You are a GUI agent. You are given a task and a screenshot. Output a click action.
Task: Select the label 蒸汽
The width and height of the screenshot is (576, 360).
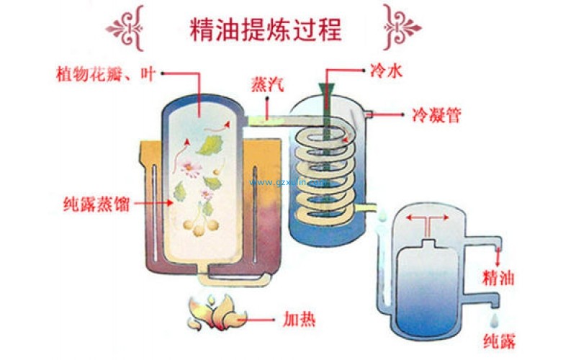pos(266,84)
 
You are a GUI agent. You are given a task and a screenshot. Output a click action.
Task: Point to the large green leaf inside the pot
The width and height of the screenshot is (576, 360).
pos(208,145)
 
